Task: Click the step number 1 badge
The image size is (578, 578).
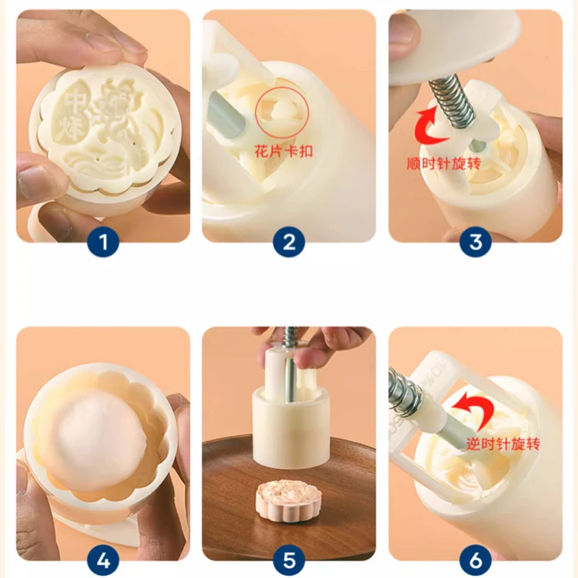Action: pos(103,242)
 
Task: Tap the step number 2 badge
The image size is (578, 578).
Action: pos(289,242)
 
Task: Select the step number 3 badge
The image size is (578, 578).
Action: pos(475,242)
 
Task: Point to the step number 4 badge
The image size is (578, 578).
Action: pos(103,561)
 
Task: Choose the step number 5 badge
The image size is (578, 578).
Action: pos(289,561)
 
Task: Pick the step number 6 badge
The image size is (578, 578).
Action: pos(475,561)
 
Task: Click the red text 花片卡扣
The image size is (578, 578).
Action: pos(283,151)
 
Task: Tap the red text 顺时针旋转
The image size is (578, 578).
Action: pos(444,163)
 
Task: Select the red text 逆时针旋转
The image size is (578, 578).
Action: pos(503,444)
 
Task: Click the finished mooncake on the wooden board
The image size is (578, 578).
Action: pos(288,500)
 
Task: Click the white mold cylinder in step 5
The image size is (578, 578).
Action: pos(288,428)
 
